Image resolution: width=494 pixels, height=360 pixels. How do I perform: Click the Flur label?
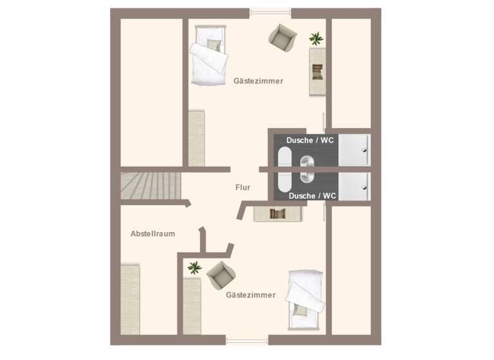[242, 188]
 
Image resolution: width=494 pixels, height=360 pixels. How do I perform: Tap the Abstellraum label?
[153, 233]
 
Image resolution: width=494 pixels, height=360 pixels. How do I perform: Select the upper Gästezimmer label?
[259, 81]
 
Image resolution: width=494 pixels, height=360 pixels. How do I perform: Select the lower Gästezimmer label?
[251, 295]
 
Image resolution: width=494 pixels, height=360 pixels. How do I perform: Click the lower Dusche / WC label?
[311, 195]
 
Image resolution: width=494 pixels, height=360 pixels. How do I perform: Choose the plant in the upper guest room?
[316, 39]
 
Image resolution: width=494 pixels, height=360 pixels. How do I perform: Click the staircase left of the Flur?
[151, 186]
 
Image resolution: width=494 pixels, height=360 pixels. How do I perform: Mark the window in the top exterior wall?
[270, 11]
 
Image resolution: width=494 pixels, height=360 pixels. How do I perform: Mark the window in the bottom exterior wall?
[247, 340]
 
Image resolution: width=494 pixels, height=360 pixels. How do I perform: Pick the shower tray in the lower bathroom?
[355, 186]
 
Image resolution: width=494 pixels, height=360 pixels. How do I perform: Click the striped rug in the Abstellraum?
[131, 299]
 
